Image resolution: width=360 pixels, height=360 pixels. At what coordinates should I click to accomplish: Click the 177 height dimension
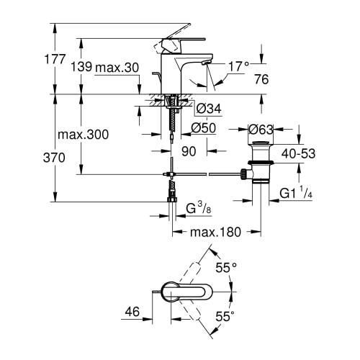point(55,59)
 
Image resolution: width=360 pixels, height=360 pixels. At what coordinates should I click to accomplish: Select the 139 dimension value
point(81,66)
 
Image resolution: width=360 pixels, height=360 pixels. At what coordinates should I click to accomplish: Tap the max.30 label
point(117,68)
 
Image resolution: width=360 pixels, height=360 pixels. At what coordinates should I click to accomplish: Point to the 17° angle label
point(239,66)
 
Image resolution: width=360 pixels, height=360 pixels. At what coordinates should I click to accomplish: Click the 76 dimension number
point(261,79)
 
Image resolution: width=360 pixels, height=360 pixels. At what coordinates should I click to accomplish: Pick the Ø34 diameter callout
point(209,109)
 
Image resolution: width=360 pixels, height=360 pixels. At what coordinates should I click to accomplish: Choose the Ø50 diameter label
point(204,128)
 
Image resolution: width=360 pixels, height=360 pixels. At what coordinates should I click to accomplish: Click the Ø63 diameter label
point(261,130)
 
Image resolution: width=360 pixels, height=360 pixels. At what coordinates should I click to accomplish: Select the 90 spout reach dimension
point(189,151)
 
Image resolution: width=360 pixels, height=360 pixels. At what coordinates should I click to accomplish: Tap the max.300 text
point(84,135)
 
